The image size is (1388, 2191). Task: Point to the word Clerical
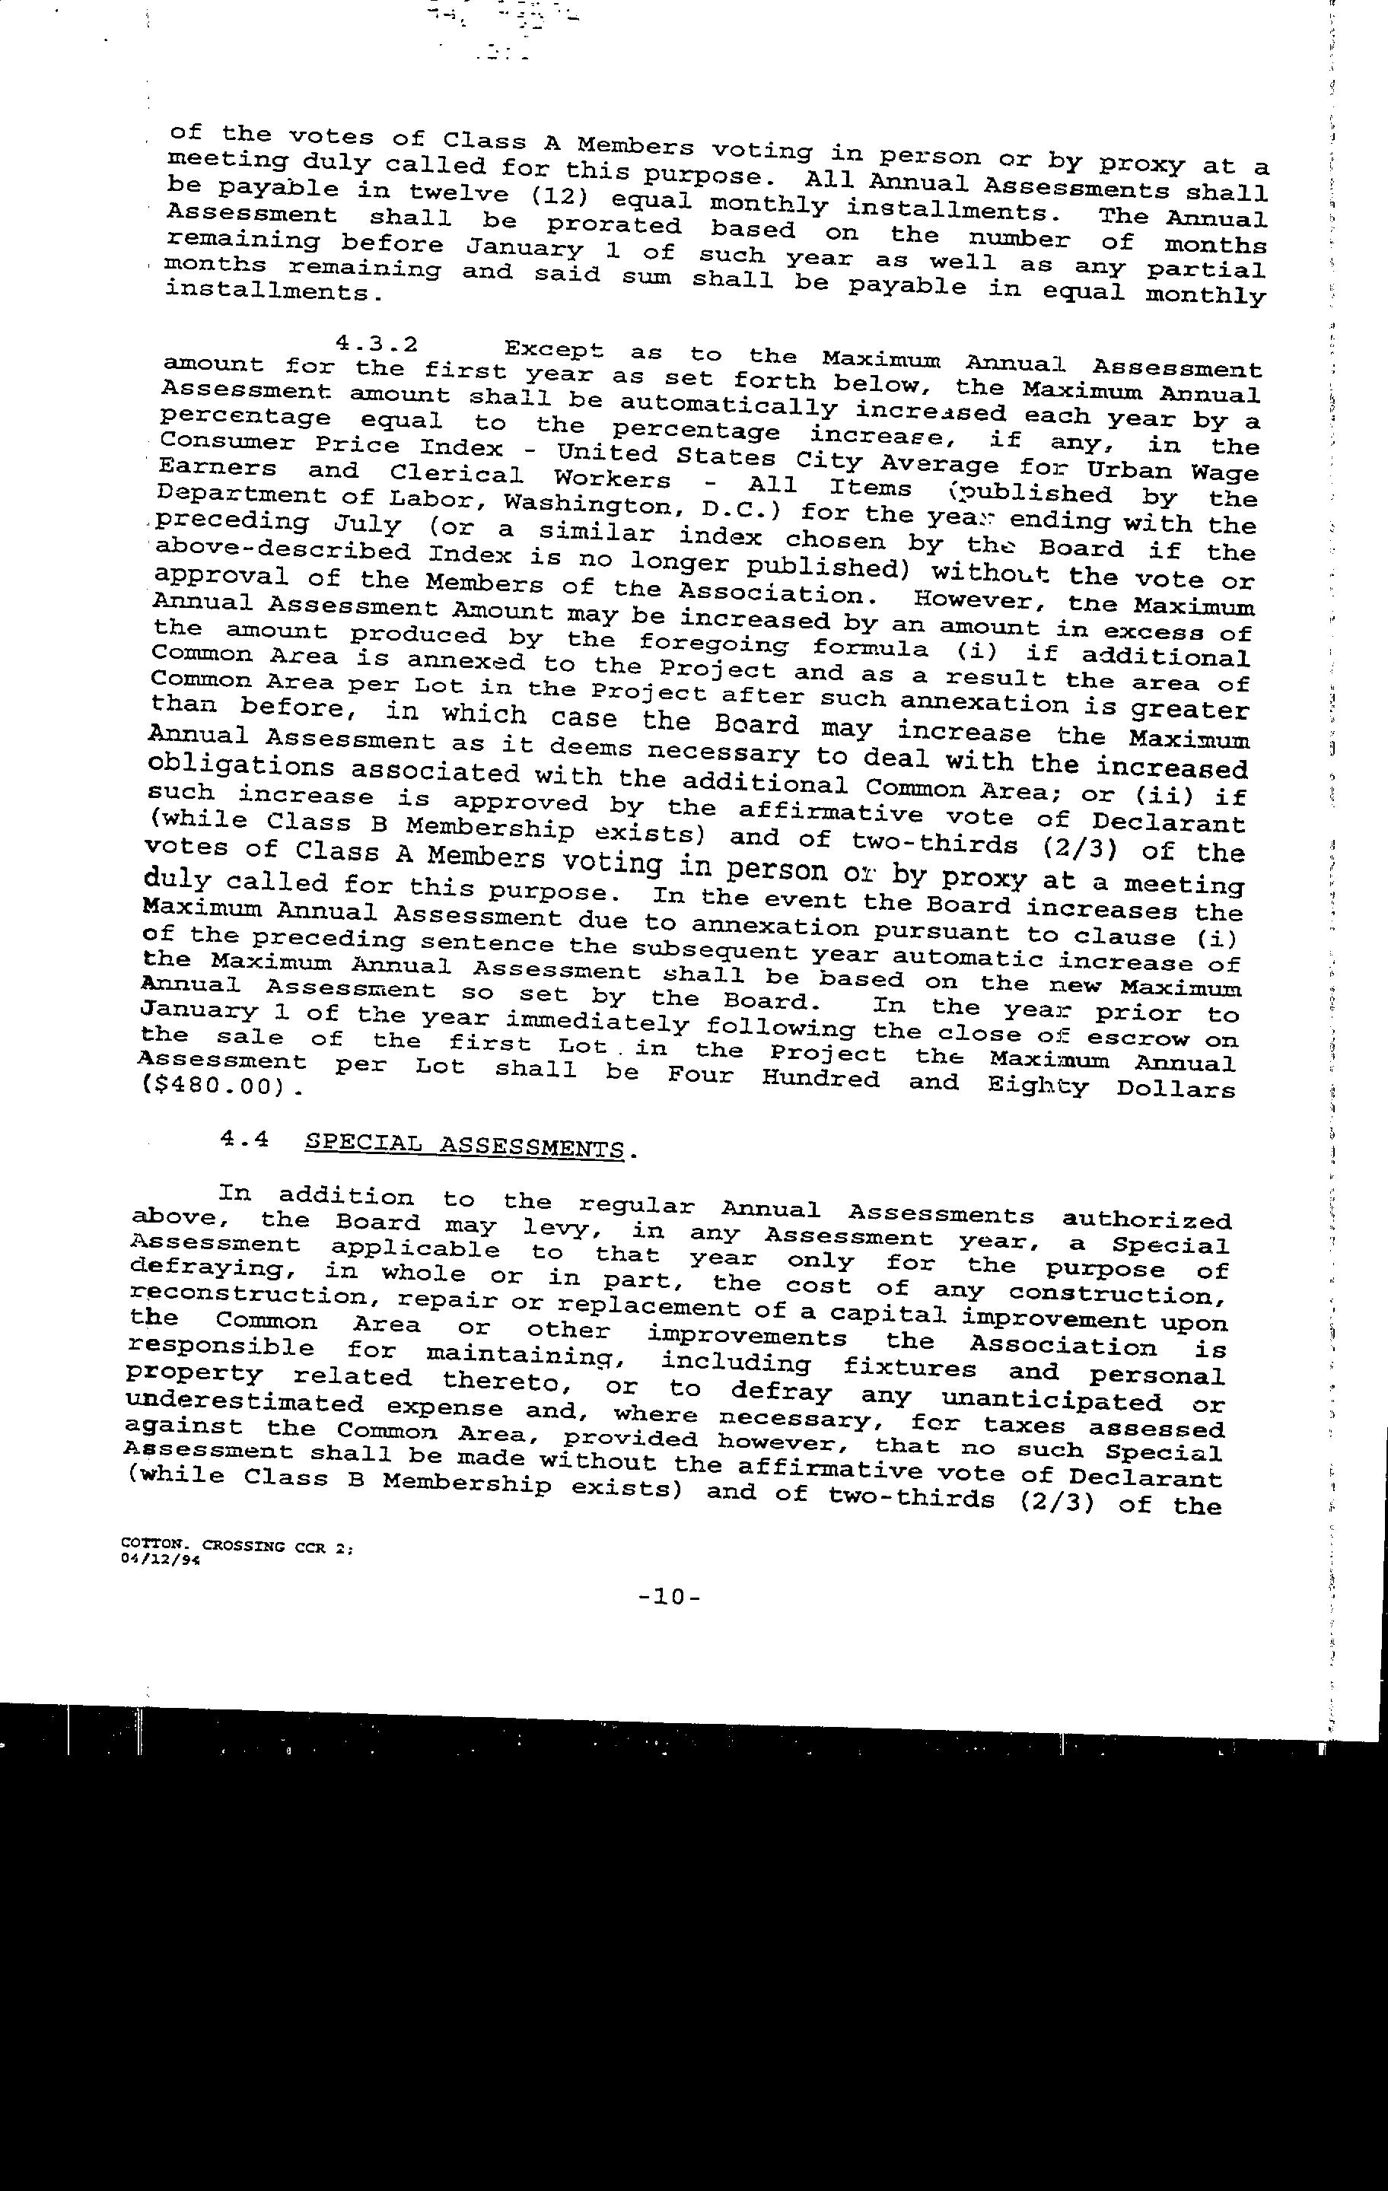tap(456, 474)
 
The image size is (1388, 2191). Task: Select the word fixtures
tap(909, 1368)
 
